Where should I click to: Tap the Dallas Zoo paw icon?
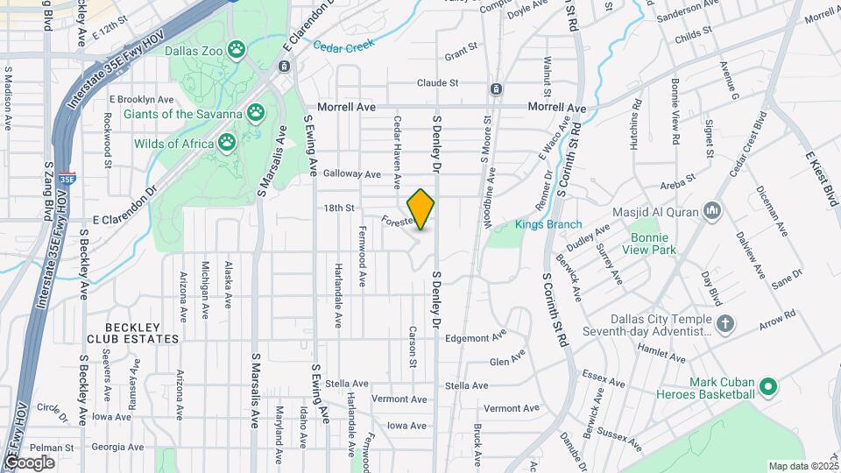click(236, 49)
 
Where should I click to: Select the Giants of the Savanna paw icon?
click(256, 111)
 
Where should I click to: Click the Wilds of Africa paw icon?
click(228, 140)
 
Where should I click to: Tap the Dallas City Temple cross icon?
click(724, 324)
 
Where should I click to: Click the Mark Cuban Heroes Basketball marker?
click(768, 386)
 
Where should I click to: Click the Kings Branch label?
click(548, 225)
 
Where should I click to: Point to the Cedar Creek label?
click(344, 46)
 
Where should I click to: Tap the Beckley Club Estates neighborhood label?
click(132, 333)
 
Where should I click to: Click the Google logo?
click(30, 462)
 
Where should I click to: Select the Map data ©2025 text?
click(803, 466)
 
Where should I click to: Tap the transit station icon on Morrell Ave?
click(497, 88)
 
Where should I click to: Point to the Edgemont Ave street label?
click(476, 337)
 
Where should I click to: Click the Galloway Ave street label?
click(351, 173)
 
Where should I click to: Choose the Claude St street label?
click(437, 83)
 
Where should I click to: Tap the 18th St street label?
click(338, 208)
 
